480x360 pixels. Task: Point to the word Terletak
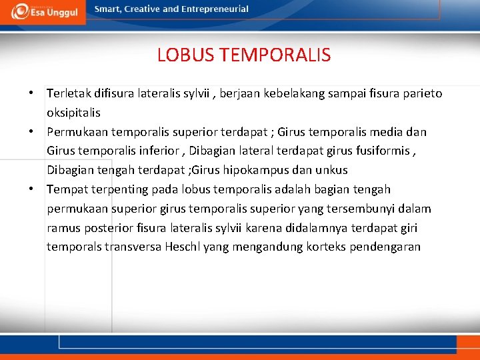68,93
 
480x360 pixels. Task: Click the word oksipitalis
73,113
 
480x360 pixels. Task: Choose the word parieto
421,93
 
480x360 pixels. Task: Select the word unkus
333,170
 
